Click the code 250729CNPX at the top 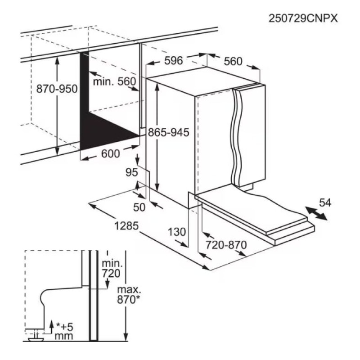point(303,18)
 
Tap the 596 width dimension point(174,61)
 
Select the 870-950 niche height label point(57,89)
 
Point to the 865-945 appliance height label point(168,132)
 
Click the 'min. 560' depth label point(114,81)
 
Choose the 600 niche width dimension point(110,154)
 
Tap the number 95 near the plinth point(131,172)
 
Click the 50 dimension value point(139,207)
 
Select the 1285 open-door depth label point(126,226)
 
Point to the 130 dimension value point(177,232)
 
